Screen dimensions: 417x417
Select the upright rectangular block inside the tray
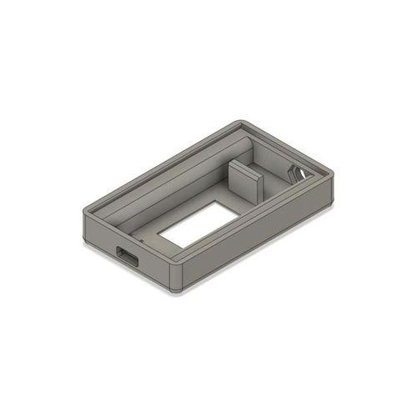click(244, 183)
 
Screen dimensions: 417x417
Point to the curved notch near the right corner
click(297, 173)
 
